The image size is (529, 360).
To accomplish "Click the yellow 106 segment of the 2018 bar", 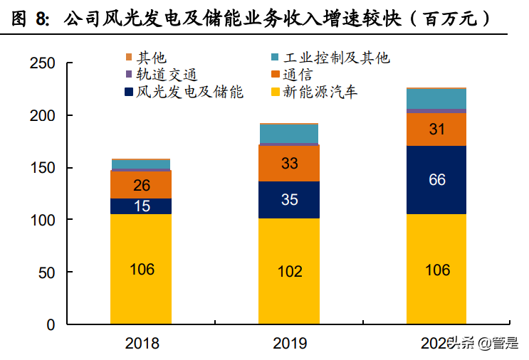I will point(141,270).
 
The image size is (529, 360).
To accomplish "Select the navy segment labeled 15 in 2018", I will point(141,206).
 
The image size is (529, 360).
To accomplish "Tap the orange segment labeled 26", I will point(141,185).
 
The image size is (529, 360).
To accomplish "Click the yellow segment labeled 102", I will point(289,271).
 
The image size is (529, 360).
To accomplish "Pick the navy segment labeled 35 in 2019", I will point(289,200).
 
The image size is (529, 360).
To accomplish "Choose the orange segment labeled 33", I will point(289,164).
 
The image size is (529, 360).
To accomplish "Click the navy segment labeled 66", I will point(436,180).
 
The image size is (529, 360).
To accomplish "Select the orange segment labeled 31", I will point(436,129).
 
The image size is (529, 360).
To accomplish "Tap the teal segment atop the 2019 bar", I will point(289,134).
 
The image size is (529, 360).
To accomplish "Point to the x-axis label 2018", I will point(142,344).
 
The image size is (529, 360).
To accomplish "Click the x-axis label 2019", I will point(290,344).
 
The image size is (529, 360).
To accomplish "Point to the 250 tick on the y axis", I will point(43,63).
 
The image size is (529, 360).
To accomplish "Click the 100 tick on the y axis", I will point(43,220).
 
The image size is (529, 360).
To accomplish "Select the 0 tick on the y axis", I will point(51,324).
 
